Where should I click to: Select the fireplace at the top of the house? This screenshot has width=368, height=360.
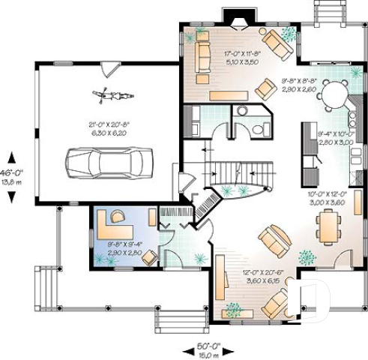238,19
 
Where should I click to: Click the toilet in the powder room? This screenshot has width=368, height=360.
259,130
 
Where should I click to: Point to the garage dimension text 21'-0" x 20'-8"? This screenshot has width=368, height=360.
109,127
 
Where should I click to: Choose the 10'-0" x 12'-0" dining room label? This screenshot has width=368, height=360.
326,197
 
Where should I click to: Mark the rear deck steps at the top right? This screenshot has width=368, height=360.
328,13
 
